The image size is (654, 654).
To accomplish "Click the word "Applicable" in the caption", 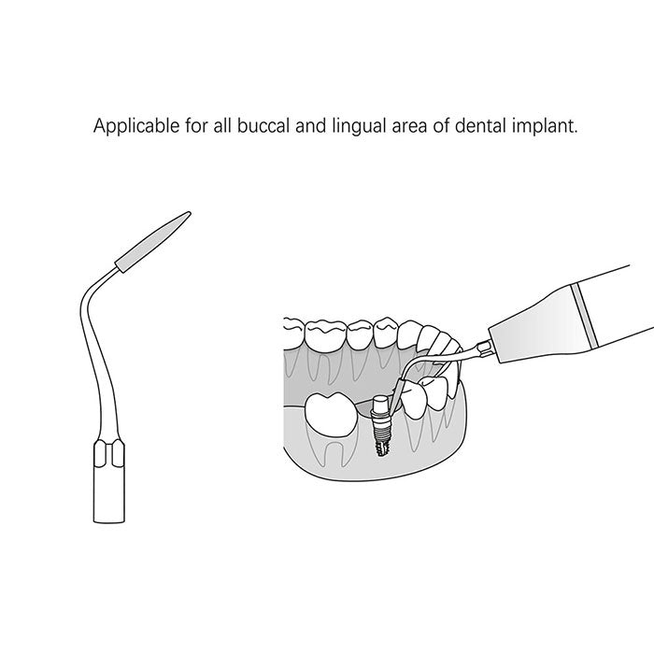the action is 136,126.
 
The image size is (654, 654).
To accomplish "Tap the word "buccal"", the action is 263,125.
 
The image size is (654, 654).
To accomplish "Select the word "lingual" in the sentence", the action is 359,126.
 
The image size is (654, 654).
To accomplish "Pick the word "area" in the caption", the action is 409,127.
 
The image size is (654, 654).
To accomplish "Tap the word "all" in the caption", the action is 222,125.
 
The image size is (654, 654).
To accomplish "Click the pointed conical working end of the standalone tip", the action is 152,242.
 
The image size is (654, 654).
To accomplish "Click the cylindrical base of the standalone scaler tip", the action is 109,494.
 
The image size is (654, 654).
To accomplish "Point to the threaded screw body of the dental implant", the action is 380,438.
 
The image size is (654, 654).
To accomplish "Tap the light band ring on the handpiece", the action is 585,316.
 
